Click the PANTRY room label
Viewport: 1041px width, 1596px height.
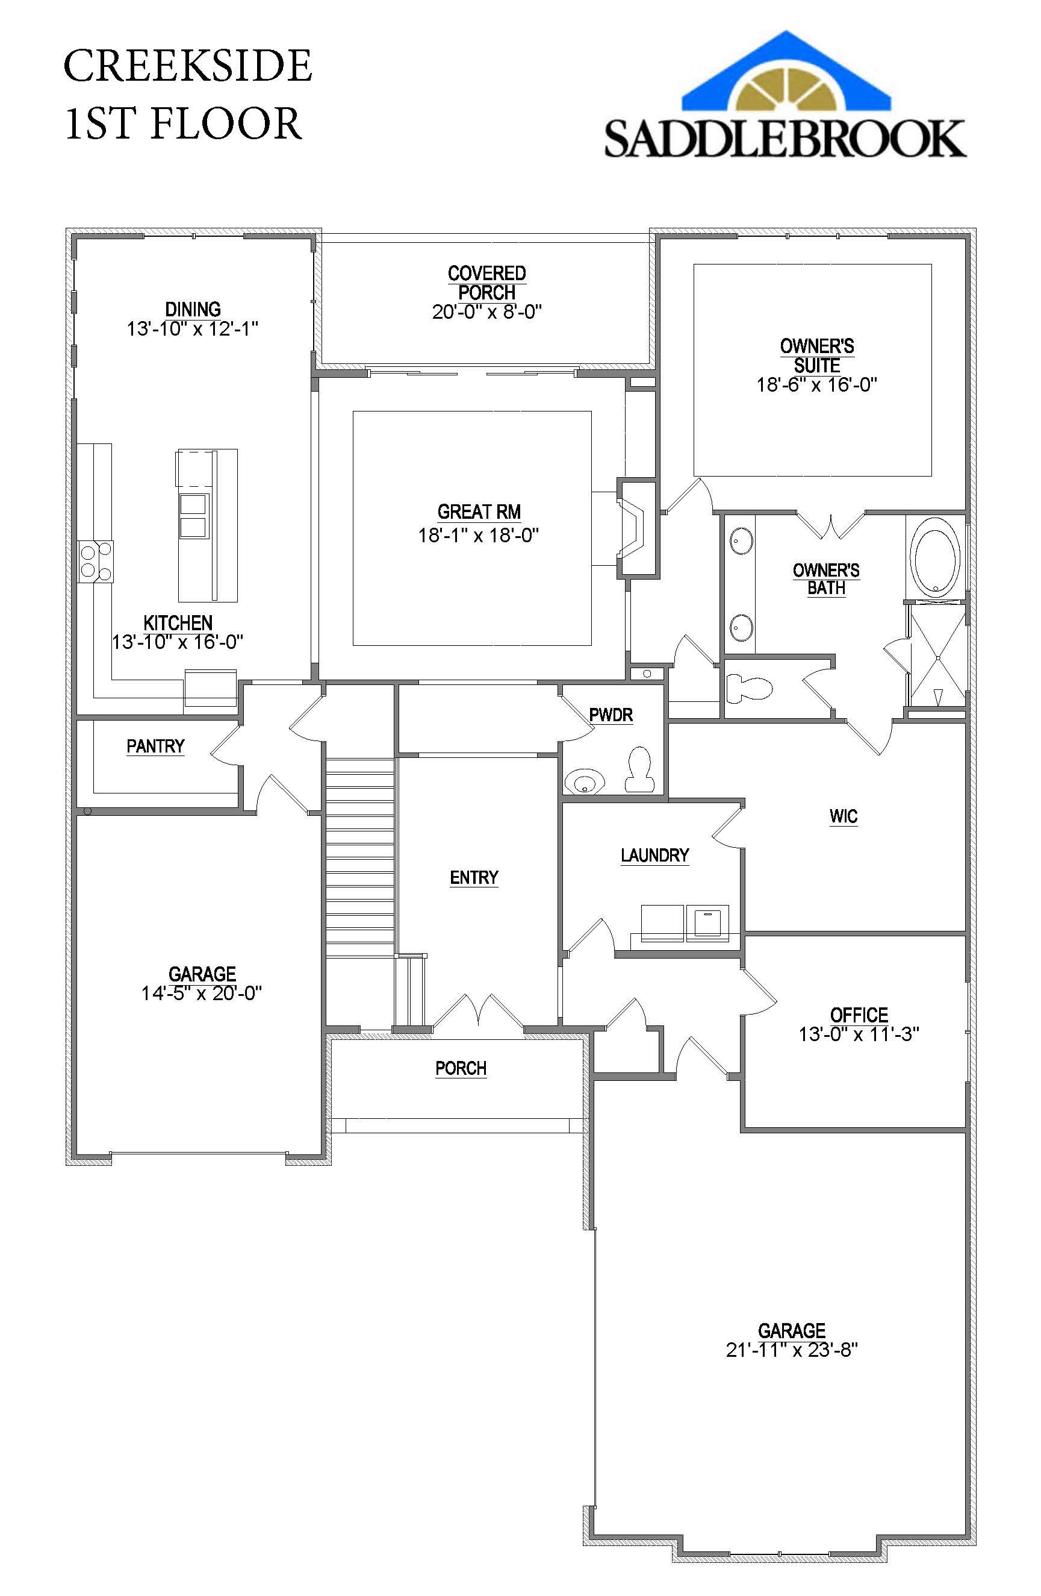(155, 746)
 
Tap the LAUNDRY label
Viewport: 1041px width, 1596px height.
(655, 856)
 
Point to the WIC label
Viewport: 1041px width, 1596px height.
(844, 816)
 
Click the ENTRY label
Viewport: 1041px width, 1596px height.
(474, 877)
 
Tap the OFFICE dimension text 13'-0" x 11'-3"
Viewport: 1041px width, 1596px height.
(859, 1034)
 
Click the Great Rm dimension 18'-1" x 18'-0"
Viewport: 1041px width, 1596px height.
(479, 535)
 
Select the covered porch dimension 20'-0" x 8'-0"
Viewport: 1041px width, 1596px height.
(486, 312)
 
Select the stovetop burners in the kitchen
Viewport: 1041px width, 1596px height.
(95, 562)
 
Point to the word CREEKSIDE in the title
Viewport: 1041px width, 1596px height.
(188, 66)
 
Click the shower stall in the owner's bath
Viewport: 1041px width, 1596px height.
(937, 655)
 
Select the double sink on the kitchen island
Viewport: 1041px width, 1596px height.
(194, 516)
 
